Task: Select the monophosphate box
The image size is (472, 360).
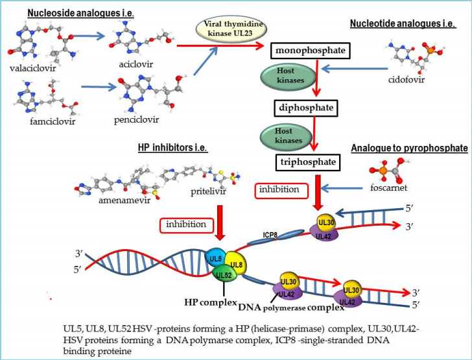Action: coord(310,50)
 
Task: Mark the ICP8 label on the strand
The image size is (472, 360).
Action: coord(272,236)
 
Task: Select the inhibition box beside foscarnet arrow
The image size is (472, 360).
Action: coord(279,189)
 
